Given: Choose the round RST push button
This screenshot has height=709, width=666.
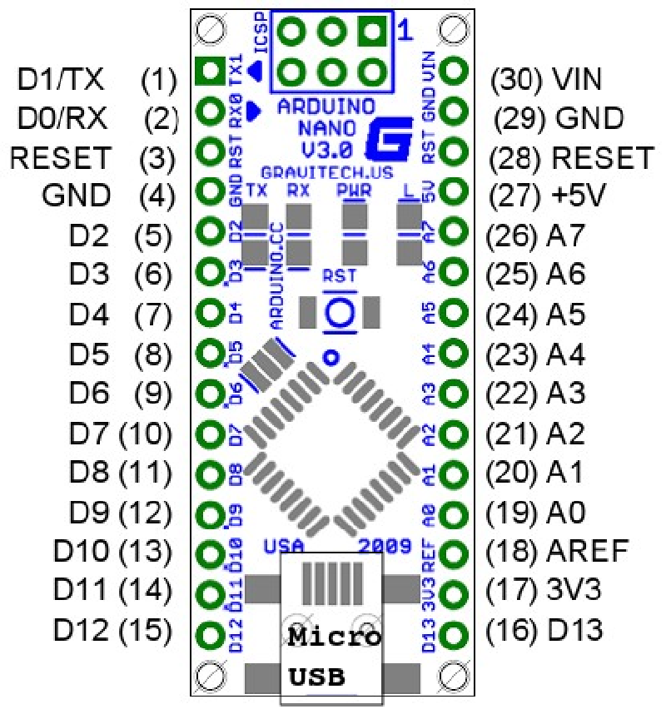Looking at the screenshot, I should point(340,312).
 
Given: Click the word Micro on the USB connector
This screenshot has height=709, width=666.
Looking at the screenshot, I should point(334,639).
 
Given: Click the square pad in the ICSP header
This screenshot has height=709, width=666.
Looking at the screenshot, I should point(370,32).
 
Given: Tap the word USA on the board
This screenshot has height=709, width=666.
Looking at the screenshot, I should point(282,547).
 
